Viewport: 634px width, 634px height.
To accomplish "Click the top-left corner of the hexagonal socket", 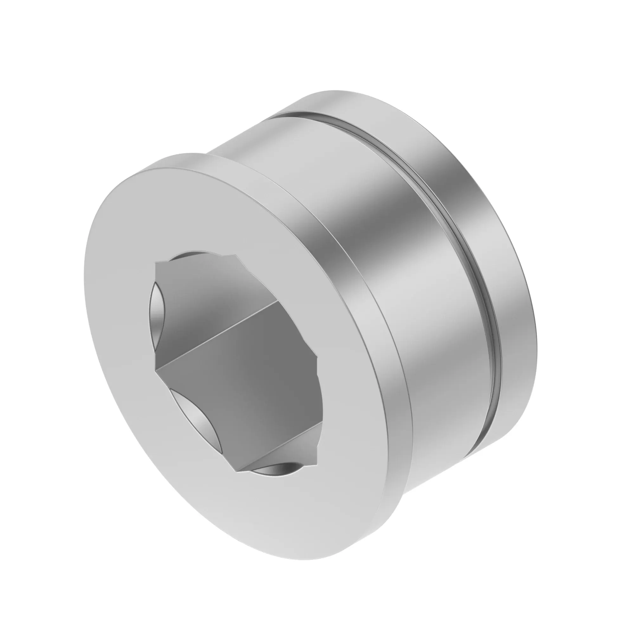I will (156, 262).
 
